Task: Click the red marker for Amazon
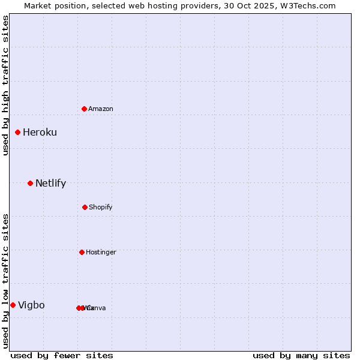click(85, 109)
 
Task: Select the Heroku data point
click(18, 132)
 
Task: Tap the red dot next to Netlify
click(30, 183)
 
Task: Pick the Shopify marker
click(85, 207)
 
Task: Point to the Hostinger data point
click(82, 252)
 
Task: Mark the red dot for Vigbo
click(13, 305)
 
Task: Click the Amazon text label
click(100, 109)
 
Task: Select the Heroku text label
click(40, 132)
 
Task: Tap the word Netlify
click(50, 183)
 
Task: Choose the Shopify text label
click(100, 207)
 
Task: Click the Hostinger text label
click(101, 252)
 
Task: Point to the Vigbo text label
click(31, 305)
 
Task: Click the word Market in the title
click(38, 5)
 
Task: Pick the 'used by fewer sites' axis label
click(62, 355)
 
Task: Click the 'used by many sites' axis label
click(301, 355)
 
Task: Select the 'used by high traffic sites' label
click(5, 85)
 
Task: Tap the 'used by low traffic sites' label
click(5, 281)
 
